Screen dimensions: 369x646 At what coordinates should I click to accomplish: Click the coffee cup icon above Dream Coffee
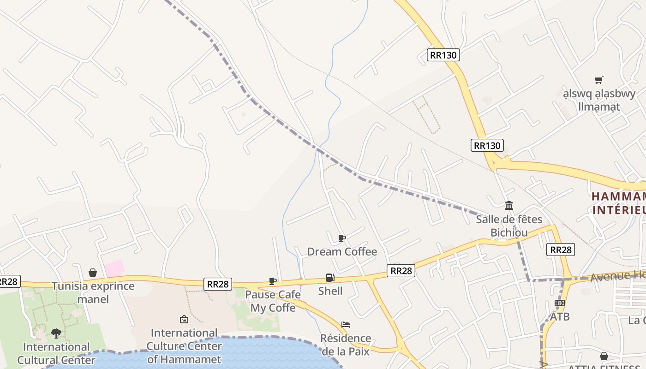tap(341, 238)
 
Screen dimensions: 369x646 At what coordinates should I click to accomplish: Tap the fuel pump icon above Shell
tap(330, 278)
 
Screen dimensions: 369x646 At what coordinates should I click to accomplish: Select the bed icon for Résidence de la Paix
tap(346, 325)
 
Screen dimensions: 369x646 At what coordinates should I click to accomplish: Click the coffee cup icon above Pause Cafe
tap(273, 281)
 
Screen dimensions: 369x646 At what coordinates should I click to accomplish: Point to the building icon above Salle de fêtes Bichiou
tap(509, 205)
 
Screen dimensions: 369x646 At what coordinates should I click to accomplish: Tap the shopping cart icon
tap(599, 80)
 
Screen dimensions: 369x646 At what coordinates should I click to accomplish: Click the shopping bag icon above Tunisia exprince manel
tap(93, 273)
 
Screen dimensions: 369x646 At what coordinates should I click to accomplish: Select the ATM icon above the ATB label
tap(560, 303)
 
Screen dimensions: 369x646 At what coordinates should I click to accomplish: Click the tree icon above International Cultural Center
tap(56, 333)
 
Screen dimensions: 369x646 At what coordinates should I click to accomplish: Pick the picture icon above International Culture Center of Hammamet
tap(184, 319)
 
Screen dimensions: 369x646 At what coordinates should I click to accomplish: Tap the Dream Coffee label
tap(342, 251)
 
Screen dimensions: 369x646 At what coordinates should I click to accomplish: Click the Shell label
tap(330, 291)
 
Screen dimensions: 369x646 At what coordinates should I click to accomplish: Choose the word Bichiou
tap(509, 232)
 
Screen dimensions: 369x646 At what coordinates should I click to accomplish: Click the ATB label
tap(560, 316)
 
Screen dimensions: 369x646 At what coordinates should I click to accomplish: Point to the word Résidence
tap(346, 338)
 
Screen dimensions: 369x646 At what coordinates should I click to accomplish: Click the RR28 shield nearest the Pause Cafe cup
tap(218, 284)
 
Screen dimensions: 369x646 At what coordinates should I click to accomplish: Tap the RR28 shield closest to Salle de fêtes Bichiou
tap(561, 250)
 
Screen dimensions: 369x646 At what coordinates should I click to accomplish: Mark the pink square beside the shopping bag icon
tap(114, 268)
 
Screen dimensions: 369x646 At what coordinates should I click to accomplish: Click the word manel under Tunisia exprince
tap(93, 299)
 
